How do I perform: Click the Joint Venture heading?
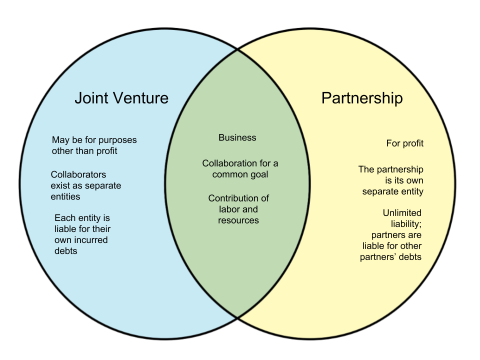(121, 97)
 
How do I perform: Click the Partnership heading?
(361, 97)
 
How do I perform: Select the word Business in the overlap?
(237, 137)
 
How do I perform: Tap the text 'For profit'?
(404, 143)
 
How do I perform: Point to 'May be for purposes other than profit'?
(94, 145)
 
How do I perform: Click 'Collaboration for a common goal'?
(240, 169)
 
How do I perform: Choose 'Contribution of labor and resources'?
(238, 209)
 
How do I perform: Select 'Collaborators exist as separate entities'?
(85, 185)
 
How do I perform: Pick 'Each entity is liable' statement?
(82, 234)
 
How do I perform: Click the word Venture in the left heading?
(139, 97)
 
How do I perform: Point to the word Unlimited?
(402, 213)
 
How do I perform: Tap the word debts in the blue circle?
(65, 251)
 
